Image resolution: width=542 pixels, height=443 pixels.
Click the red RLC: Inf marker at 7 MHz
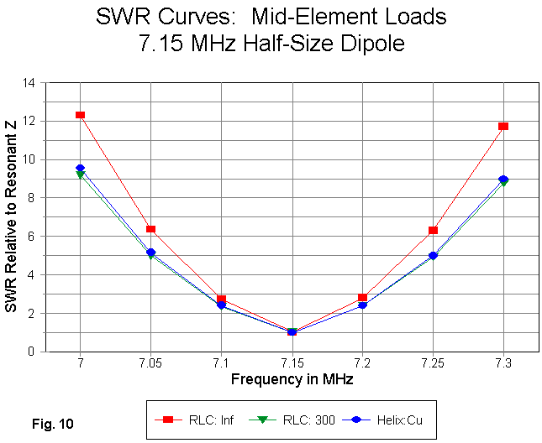pyautogui.click(x=80, y=115)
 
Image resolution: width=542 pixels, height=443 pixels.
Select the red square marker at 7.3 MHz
pyautogui.click(x=503, y=126)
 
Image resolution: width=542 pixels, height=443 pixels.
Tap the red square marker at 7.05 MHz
pyautogui.click(x=150, y=229)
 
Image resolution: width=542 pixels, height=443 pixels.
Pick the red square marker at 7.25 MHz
pyautogui.click(x=433, y=230)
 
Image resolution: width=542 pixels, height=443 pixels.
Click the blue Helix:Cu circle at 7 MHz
pyautogui.click(x=80, y=169)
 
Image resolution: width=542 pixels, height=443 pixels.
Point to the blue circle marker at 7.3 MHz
pyautogui.click(x=503, y=180)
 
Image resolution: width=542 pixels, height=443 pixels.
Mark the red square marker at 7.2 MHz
pyautogui.click(x=362, y=298)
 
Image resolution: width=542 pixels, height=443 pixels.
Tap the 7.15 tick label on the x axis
pyautogui.click(x=292, y=364)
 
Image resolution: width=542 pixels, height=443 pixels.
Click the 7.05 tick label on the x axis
pyautogui.click(x=150, y=364)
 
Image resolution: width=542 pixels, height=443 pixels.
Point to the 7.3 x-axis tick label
pyautogui.click(x=503, y=364)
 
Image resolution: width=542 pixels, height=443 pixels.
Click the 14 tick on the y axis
pyautogui.click(x=29, y=83)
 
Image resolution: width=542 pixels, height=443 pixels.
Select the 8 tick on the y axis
pyautogui.click(x=33, y=198)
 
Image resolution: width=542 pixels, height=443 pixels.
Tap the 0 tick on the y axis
pyautogui.click(x=33, y=352)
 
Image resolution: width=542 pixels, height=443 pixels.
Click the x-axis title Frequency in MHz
pyautogui.click(x=292, y=379)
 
